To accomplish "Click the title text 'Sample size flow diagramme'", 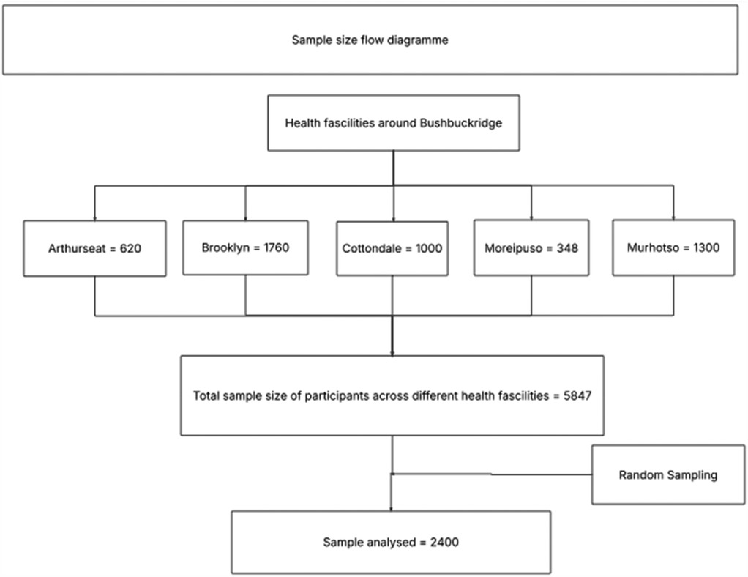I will click(x=370, y=40).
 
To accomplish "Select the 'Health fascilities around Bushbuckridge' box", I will click(x=393, y=123).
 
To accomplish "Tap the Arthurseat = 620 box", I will click(x=94, y=248).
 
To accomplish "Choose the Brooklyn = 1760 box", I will click(x=245, y=247).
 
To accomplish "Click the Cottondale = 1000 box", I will click(x=392, y=248).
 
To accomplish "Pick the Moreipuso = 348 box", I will click(x=531, y=248).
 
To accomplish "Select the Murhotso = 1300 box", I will click(x=673, y=247).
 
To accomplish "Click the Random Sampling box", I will click(x=667, y=475).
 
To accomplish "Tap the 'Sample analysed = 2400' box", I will click(x=391, y=543).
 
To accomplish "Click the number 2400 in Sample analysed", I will click(x=445, y=543).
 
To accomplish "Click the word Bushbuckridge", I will click(x=460, y=123).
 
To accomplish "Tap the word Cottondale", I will click(x=372, y=248).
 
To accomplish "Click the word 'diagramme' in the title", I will click(x=422, y=40).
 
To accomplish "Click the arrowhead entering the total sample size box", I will click(x=393, y=353).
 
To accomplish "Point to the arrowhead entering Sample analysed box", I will click(x=392, y=508).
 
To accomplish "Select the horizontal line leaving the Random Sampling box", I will click(x=542, y=474).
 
